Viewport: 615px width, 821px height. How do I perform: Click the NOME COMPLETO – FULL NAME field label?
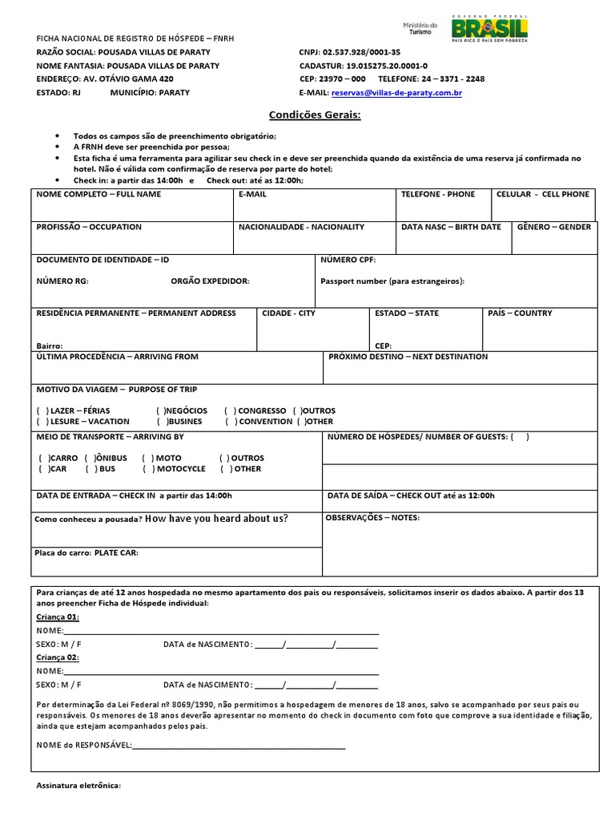click(98, 194)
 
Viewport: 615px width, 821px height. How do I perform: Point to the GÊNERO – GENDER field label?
click(554, 227)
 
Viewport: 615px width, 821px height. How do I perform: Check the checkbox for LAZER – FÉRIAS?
click(42, 410)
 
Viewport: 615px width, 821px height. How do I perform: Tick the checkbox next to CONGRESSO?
click(231, 410)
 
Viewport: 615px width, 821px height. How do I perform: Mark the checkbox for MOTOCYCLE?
click(148, 469)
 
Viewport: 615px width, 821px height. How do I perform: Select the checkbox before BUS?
click(91, 469)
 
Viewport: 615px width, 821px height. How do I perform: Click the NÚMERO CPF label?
click(348, 260)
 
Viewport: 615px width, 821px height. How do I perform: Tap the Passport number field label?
click(392, 281)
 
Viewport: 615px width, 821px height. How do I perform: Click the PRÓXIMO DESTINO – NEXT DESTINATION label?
click(408, 357)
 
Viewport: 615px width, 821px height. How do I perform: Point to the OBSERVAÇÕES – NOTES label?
click(373, 518)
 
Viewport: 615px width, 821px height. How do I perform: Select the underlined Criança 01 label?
click(58, 617)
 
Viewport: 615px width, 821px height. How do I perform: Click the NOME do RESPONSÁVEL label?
click(84, 746)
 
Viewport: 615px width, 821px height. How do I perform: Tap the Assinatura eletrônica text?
click(78, 786)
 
